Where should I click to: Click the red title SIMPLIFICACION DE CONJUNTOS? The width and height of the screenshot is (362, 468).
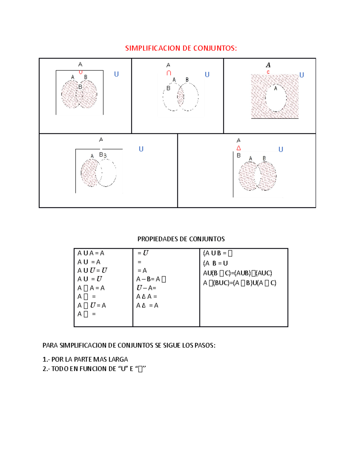tap(181, 48)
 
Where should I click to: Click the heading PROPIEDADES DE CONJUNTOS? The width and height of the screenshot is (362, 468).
tap(181, 239)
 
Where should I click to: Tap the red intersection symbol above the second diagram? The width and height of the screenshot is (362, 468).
tap(169, 73)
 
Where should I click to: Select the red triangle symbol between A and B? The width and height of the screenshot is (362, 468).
tap(239, 148)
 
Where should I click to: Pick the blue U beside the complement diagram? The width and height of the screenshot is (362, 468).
tap(301, 75)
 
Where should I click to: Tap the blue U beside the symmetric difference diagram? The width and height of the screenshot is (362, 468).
tap(281, 149)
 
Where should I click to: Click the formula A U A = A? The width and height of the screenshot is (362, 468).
tap(91, 253)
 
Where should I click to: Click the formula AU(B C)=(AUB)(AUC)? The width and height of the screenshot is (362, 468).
tap(237, 273)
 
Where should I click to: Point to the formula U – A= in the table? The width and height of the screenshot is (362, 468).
tap(146, 288)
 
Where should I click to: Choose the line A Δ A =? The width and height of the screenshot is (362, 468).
tap(147, 297)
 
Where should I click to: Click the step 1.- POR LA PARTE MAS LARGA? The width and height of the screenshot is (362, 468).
tap(85, 359)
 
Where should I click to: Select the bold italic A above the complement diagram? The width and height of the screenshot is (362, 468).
tap(268, 65)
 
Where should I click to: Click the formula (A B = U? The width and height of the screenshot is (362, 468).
tap(215, 263)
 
